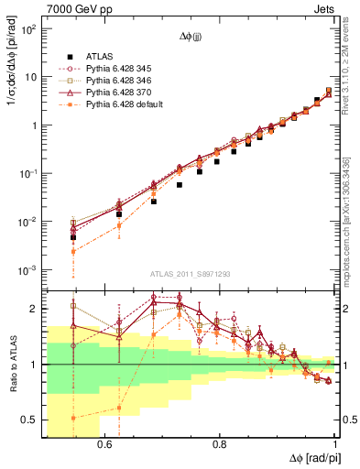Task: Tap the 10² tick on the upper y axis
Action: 29,29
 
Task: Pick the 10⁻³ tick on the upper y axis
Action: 29,270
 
